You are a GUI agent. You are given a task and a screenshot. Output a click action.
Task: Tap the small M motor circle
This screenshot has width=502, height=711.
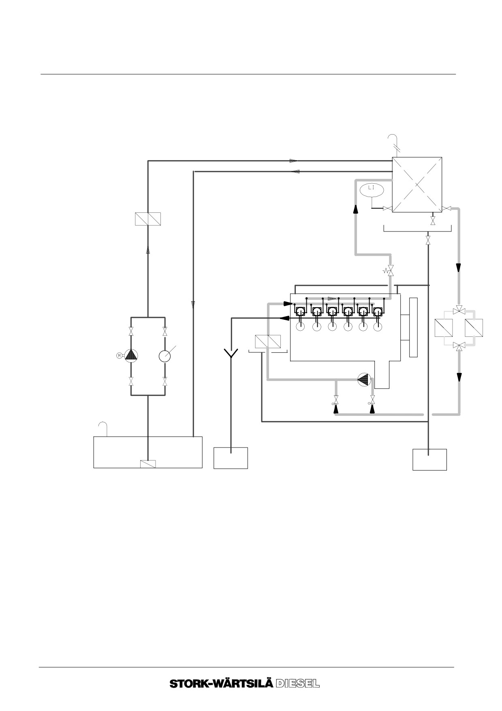(x=119, y=355)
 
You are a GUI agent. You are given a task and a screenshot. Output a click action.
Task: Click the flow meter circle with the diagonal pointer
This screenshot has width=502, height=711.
(x=165, y=356)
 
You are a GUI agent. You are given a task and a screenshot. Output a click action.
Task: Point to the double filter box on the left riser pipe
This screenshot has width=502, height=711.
(x=147, y=219)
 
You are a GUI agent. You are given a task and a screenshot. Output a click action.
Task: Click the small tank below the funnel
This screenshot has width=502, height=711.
(x=231, y=458)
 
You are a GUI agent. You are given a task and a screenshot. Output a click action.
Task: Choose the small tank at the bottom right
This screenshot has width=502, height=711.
(x=429, y=459)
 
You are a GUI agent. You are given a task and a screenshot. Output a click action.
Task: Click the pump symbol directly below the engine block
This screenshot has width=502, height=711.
(x=364, y=379)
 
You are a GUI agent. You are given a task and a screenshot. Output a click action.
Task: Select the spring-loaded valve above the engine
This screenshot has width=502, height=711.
(x=390, y=271)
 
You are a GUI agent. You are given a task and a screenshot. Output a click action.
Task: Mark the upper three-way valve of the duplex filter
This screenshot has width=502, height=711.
(x=459, y=310)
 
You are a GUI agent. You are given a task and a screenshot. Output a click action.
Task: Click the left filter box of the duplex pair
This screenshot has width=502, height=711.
(x=443, y=328)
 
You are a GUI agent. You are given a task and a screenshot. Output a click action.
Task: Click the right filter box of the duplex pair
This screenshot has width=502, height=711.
(x=474, y=328)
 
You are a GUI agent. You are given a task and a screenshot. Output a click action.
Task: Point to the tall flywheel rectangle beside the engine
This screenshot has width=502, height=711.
(x=413, y=328)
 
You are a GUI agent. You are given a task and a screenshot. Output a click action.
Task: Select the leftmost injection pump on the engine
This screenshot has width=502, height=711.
(x=300, y=311)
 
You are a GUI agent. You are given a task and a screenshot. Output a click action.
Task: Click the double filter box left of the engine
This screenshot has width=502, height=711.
(x=268, y=341)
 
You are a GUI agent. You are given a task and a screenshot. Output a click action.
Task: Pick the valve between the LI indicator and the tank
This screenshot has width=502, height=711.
(x=387, y=209)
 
